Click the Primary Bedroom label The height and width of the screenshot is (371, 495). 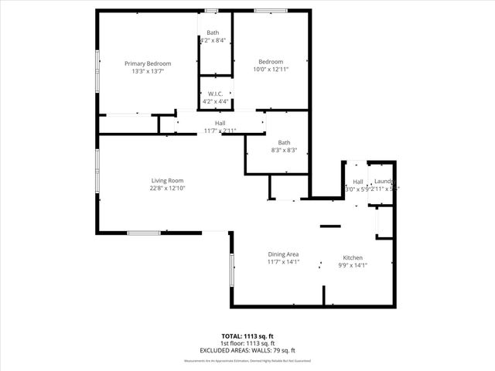(x=148, y=63)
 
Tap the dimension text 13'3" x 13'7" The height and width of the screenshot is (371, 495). (x=148, y=71)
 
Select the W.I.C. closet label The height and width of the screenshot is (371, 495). (x=216, y=94)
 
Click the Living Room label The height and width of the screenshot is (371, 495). (x=167, y=181)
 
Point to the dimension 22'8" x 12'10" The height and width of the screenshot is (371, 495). (x=167, y=189)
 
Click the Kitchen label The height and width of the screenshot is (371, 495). (x=353, y=258)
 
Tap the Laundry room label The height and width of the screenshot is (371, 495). (x=384, y=182)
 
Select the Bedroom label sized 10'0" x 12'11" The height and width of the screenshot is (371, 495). (x=271, y=62)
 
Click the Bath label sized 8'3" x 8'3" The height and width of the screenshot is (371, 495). (x=284, y=142)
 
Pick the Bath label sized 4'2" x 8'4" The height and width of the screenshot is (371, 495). (x=213, y=32)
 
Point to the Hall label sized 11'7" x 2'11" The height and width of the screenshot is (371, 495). (x=220, y=124)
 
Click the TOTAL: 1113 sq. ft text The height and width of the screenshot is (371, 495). (x=247, y=336)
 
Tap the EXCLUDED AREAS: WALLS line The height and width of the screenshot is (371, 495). (x=247, y=349)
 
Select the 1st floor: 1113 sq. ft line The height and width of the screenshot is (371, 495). (x=247, y=343)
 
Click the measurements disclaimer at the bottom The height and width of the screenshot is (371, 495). (x=247, y=361)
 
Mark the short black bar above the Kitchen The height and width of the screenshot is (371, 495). (x=330, y=226)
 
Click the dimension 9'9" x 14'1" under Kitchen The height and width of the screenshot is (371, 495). (x=353, y=266)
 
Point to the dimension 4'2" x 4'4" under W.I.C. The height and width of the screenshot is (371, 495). (x=216, y=101)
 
